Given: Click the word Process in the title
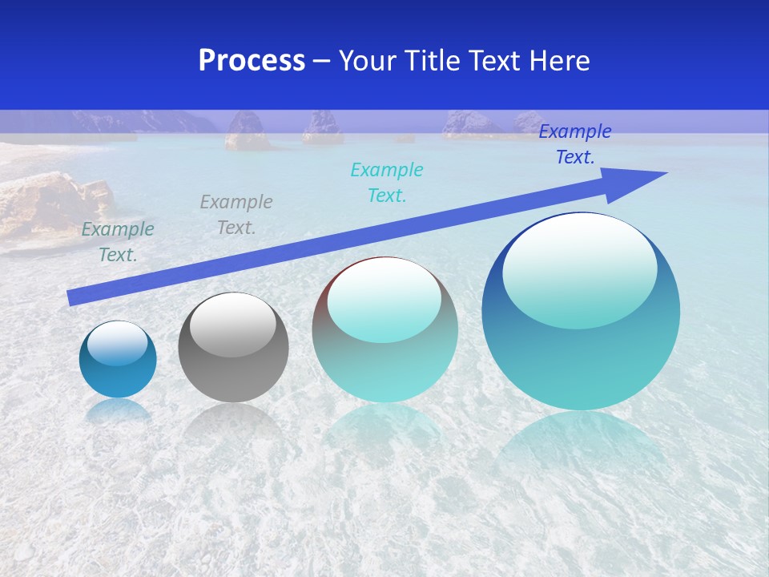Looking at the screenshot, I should [x=252, y=61].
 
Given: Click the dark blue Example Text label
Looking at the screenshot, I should [x=574, y=144].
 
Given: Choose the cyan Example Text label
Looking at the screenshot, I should [x=387, y=183].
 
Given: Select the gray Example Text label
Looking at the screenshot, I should [x=236, y=215].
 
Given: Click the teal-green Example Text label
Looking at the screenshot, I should [x=118, y=242].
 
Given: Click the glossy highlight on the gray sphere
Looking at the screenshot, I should [x=233, y=325].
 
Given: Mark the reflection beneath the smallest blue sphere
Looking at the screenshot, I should [x=118, y=411].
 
